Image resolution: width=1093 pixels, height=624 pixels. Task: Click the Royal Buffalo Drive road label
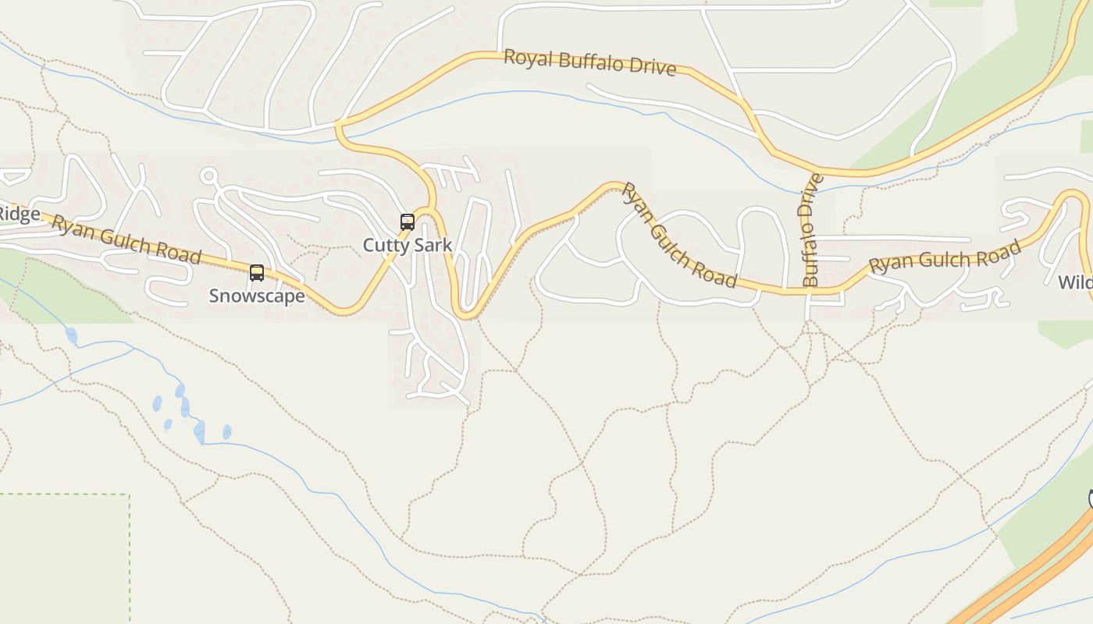(589, 62)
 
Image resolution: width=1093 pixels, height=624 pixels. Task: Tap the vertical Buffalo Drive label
(811, 230)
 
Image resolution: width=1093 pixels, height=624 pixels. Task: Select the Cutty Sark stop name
(407, 245)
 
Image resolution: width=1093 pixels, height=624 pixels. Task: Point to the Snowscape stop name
(256, 296)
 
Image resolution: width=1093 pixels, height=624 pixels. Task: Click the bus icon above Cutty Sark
(407, 222)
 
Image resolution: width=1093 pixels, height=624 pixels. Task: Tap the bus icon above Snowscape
(256, 273)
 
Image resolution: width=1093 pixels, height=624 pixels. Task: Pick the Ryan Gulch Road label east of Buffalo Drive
(945, 257)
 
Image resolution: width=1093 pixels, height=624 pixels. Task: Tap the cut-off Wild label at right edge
(1076, 282)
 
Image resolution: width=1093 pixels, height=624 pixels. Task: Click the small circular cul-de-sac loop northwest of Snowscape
(208, 176)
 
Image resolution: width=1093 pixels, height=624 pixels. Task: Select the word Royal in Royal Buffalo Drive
(522, 58)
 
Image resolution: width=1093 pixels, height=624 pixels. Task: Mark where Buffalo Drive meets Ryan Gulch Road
(809, 291)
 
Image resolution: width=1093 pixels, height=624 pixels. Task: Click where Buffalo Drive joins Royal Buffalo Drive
(815, 171)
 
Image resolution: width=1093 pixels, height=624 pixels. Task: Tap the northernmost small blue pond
(72, 335)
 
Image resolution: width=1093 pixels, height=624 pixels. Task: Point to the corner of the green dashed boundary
(129, 495)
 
